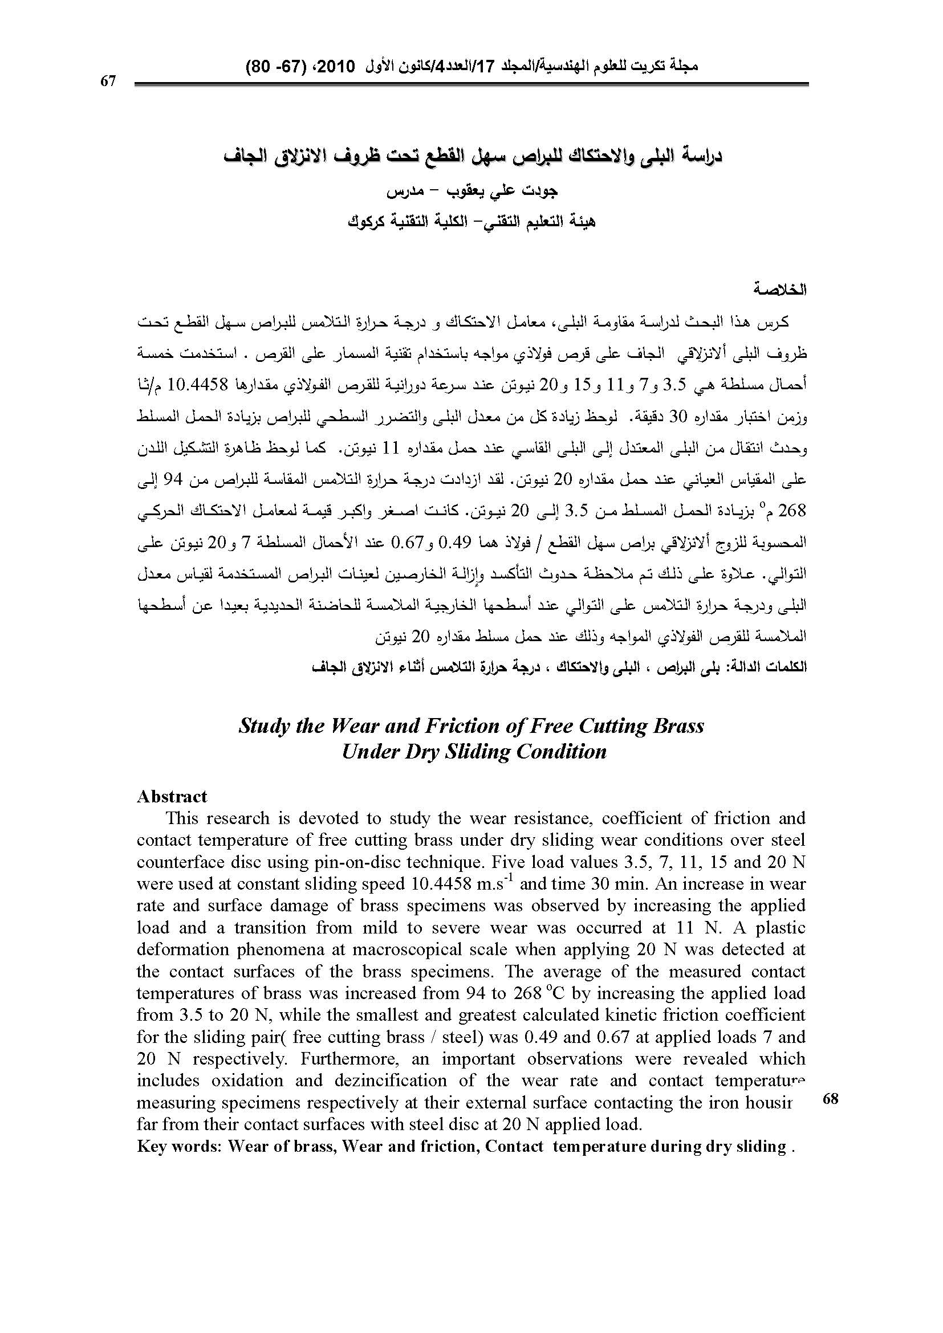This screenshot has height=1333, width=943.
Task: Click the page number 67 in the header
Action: coord(108,81)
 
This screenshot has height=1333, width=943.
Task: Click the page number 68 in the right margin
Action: coord(830,1098)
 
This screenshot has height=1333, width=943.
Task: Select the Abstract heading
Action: coord(172,796)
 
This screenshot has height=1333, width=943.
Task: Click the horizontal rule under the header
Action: coord(471,85)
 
